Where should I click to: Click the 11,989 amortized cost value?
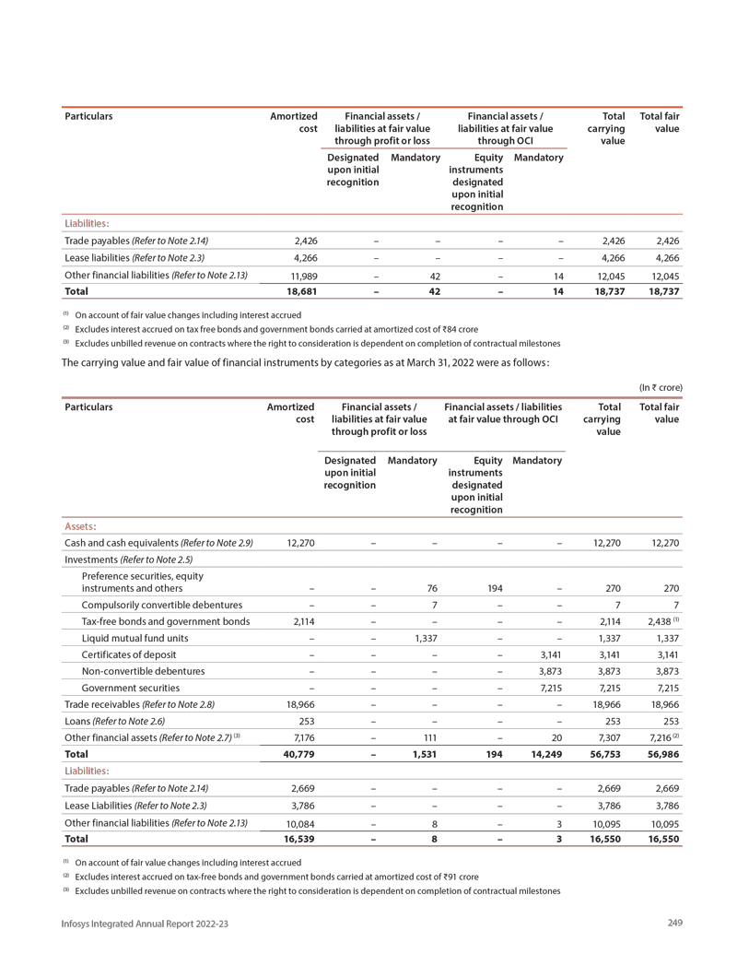coord(301,275)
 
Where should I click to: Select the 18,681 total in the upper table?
coord(300,292)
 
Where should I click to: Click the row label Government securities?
coord(130,687)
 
